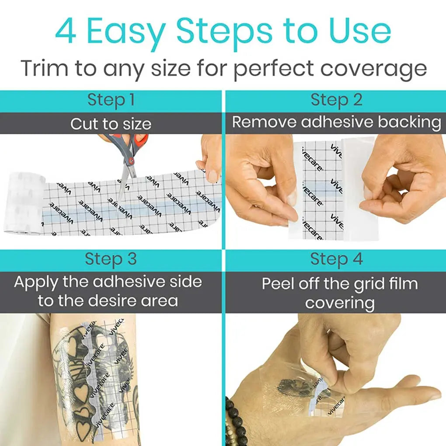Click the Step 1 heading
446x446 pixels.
111,101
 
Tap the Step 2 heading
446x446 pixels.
336,101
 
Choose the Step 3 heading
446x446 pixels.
111,259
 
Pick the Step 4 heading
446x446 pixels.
336,259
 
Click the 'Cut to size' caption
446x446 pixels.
111,124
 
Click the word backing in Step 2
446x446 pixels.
409,122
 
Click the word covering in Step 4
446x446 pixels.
340,303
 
